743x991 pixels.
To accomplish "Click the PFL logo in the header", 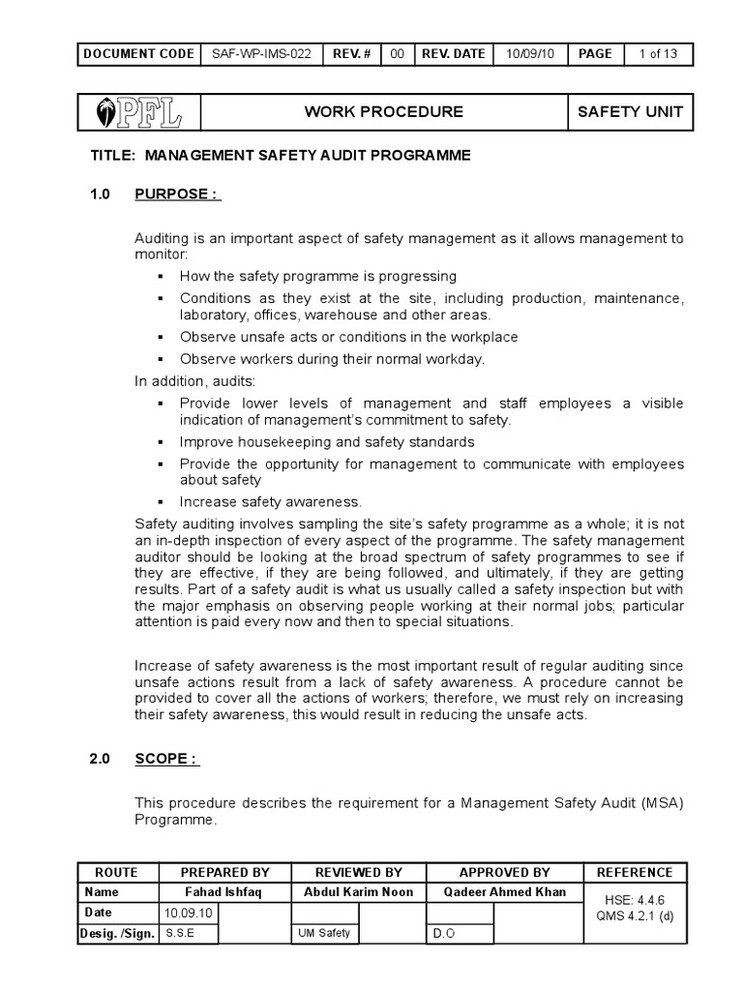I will click(x=135, y=111).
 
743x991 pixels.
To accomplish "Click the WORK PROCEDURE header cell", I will click(x=383, y=111).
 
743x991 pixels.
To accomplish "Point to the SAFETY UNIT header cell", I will click(x=630, y=111).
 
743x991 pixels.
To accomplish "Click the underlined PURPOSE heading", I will click(x=178, y=194).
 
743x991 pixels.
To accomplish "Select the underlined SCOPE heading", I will click(x=166, y=759).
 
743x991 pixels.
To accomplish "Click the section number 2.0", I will click(x=101, y=759).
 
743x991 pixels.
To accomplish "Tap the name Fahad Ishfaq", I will click(x=223, y=891).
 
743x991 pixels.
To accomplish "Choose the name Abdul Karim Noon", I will click(x=358, y=891).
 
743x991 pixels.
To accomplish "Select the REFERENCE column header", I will click(x=635, y=871).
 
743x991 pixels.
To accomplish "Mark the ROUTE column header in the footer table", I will click(x=116, y=871).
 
